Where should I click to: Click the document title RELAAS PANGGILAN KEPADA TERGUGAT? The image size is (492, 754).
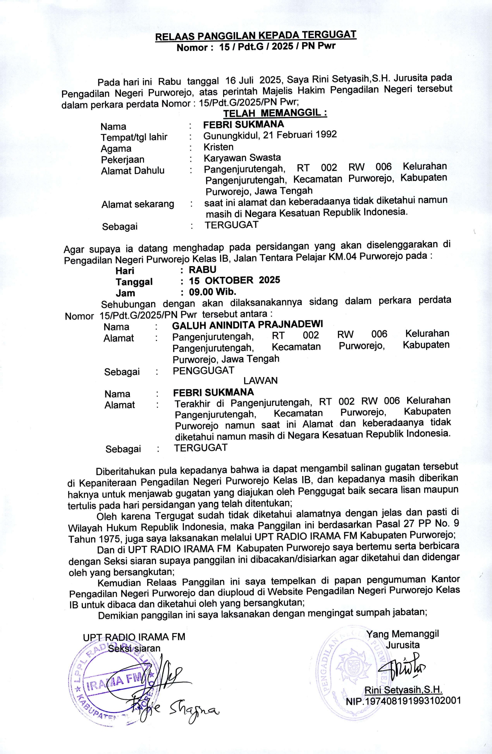click(256, 36)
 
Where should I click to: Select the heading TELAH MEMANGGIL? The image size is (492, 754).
click(275, 113)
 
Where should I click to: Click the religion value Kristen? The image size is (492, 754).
click(218, 147)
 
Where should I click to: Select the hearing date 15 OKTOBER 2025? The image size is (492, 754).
click(234, 281)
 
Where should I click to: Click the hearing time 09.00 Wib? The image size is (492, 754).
click(212, 292)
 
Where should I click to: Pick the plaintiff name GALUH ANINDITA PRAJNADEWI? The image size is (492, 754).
click(248, 324)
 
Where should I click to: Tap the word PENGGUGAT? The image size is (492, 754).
click(203, 371)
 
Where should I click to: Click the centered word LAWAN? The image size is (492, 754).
click(260, 380)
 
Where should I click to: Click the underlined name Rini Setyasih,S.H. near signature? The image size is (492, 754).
click(403, 690)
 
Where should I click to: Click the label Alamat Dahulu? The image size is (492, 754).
click(132, 171)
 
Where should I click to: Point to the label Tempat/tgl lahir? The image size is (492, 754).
click(134, 137)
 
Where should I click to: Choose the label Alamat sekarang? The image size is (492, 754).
click(138, 204)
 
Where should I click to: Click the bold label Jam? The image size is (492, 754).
click(125, 293)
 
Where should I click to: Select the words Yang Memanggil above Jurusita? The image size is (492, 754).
click(403, 634)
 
